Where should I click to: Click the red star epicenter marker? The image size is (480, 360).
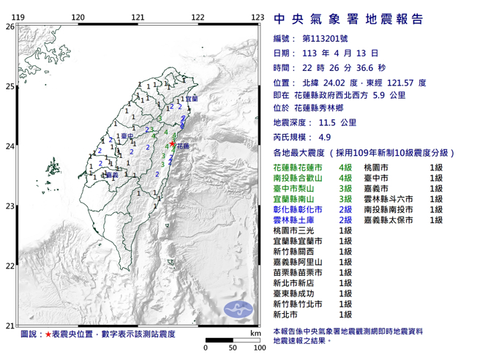pos(173,144)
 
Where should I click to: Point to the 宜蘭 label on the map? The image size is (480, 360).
pos(192,99)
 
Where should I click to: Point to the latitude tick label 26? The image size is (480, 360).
pos(10,26)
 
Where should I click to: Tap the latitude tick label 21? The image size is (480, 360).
pos(10,326)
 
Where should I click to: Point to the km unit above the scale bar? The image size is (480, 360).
pos(253,333)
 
